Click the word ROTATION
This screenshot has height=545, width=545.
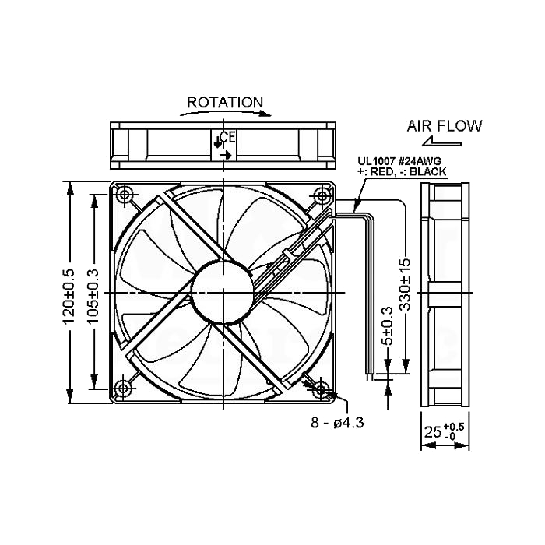point(225,103)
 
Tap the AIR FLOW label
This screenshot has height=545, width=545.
point(445,126)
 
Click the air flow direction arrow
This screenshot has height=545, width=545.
point(441,141)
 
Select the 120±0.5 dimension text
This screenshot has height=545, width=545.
point(69,297)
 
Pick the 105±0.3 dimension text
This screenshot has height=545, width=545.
point(93,297)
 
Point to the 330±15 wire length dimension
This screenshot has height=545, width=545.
point(405,284)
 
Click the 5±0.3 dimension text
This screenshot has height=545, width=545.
point(387,325)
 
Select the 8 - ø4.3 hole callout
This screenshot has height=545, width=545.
point(337,423)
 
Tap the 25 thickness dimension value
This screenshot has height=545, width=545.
point(433,432)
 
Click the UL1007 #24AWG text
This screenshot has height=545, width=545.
point(399,161)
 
